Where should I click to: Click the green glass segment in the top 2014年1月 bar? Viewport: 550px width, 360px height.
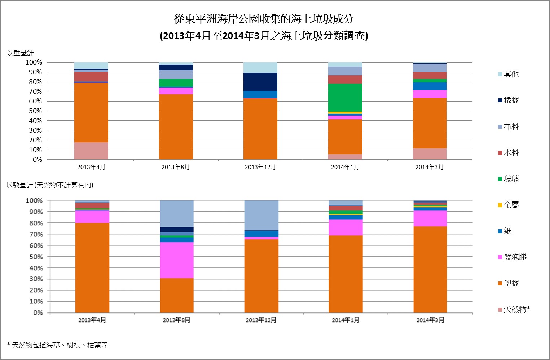click(345, 98)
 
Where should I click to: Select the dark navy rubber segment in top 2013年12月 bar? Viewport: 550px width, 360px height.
click(260, 82)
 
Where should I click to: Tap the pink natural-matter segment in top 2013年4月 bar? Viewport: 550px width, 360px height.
click(91, 151)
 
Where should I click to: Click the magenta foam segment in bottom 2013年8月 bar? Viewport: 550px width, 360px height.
click(177, 260)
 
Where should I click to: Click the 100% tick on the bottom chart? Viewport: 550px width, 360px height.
click(34, 200)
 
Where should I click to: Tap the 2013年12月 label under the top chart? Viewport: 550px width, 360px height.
click(260, 167)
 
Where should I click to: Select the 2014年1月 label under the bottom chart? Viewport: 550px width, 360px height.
click(345, 320)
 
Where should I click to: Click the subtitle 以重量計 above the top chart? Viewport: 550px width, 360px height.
click(20, 53)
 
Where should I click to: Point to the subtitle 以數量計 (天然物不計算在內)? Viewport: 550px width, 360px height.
click(50, 185)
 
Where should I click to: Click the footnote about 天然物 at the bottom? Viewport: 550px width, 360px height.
click(57, 345)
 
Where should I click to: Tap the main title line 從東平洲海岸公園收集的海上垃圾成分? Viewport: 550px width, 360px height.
click(264, 19)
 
